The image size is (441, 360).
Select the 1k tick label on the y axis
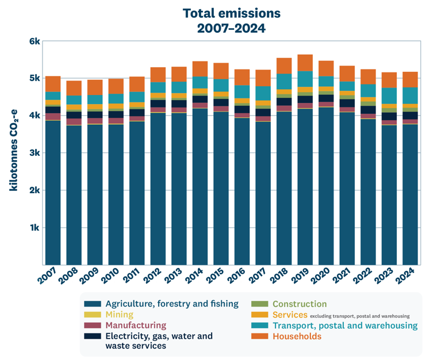(x=34, y=227)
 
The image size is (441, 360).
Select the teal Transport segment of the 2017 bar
(x=263, y=93)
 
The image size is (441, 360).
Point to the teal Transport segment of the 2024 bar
(x=410, y=95)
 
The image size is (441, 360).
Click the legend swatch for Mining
(x=93, y=315)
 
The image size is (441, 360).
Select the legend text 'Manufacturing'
(x=136, y=325)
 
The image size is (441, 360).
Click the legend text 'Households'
(x=297, y=336)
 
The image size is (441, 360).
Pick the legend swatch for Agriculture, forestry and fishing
(x=93, y=304)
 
